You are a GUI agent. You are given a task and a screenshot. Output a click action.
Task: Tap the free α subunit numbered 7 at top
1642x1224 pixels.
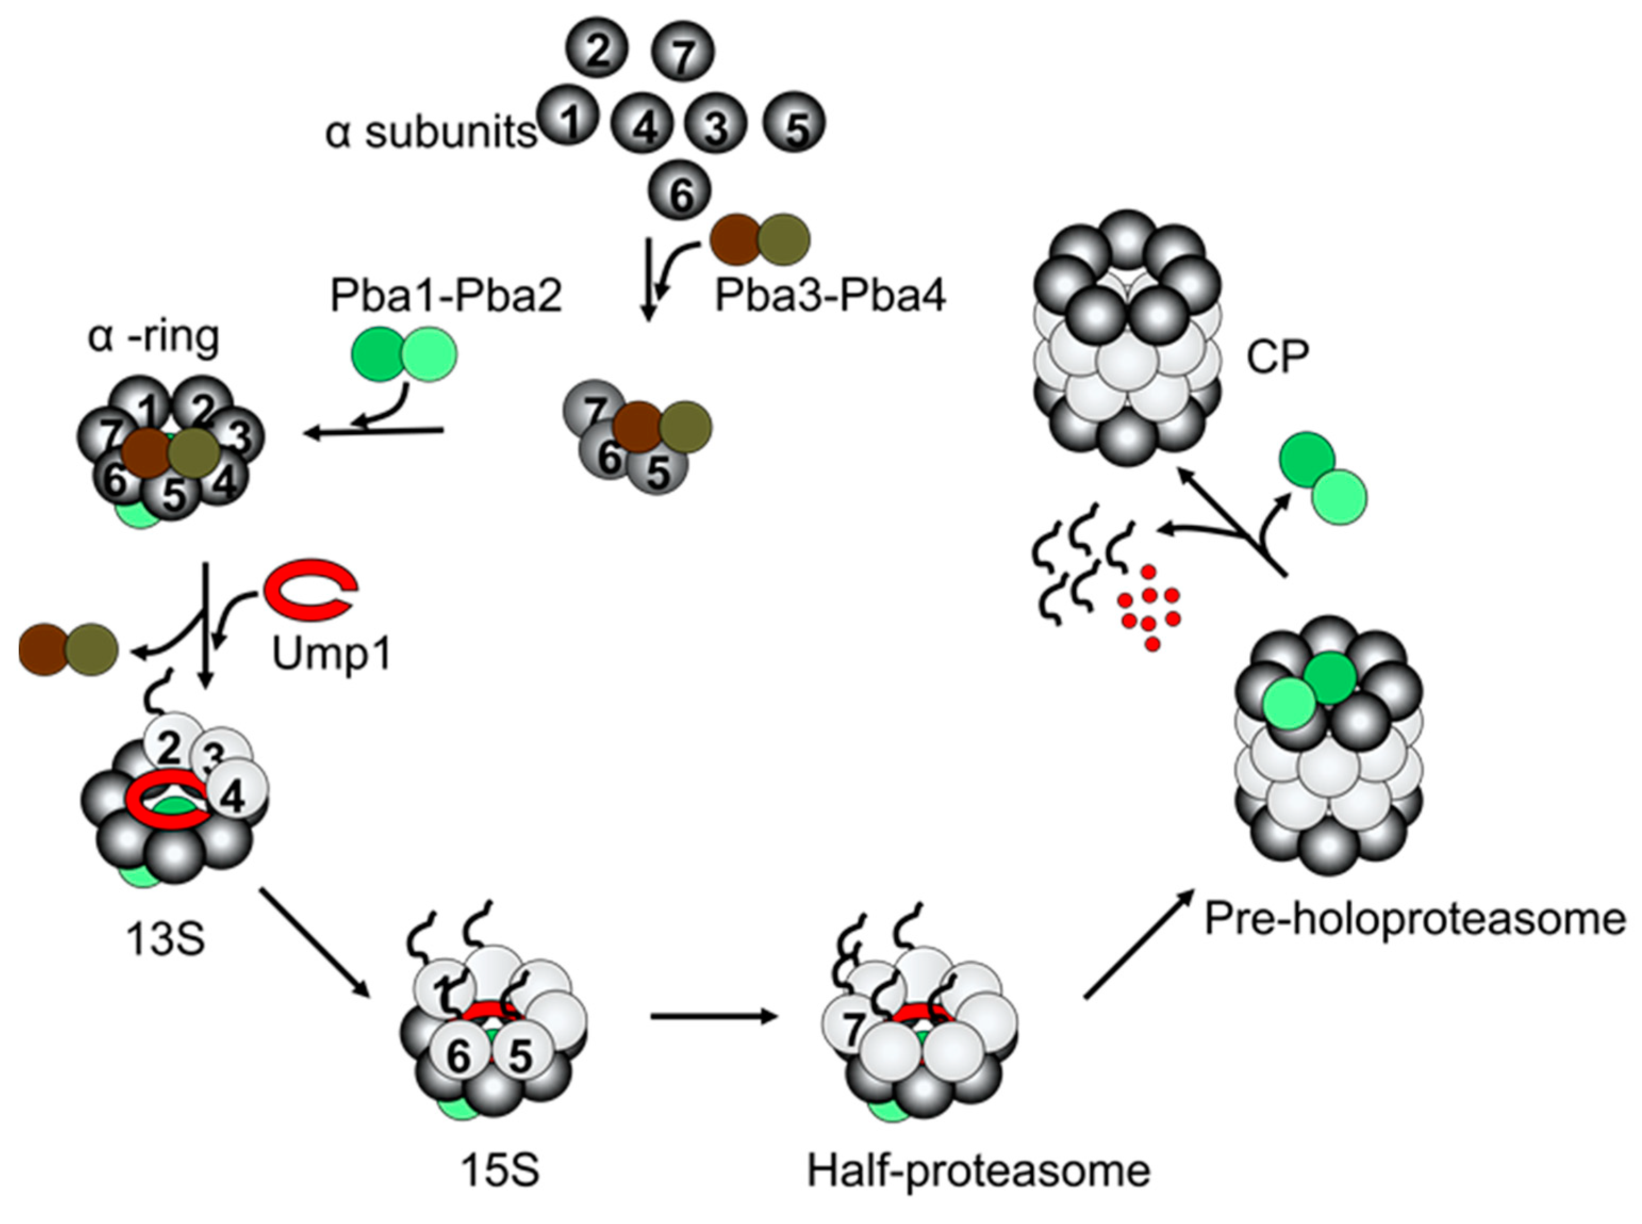click(682, 52)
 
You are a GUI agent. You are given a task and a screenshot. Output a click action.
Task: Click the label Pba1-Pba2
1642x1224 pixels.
click(446, 296)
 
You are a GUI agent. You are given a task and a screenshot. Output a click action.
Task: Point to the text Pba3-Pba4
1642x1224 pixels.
click(830, 296)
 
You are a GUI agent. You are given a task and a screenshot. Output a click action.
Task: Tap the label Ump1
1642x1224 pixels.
click(330, 654)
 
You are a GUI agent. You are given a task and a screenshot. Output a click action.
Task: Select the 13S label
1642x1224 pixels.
click(164, 939)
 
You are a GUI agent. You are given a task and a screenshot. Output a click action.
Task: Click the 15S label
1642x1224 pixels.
click(500, 1171)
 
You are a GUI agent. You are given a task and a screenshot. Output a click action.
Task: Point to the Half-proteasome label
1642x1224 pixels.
click(977, 1171)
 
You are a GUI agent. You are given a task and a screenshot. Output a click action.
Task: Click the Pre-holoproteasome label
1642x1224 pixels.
click(1415, 919)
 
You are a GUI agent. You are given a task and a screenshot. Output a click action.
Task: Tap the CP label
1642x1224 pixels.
click(1277, 357)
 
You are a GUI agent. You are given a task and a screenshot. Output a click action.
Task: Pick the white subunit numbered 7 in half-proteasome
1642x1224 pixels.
click(852, 1026)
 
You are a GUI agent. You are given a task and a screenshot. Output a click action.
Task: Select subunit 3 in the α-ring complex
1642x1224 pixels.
click(238, 437)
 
